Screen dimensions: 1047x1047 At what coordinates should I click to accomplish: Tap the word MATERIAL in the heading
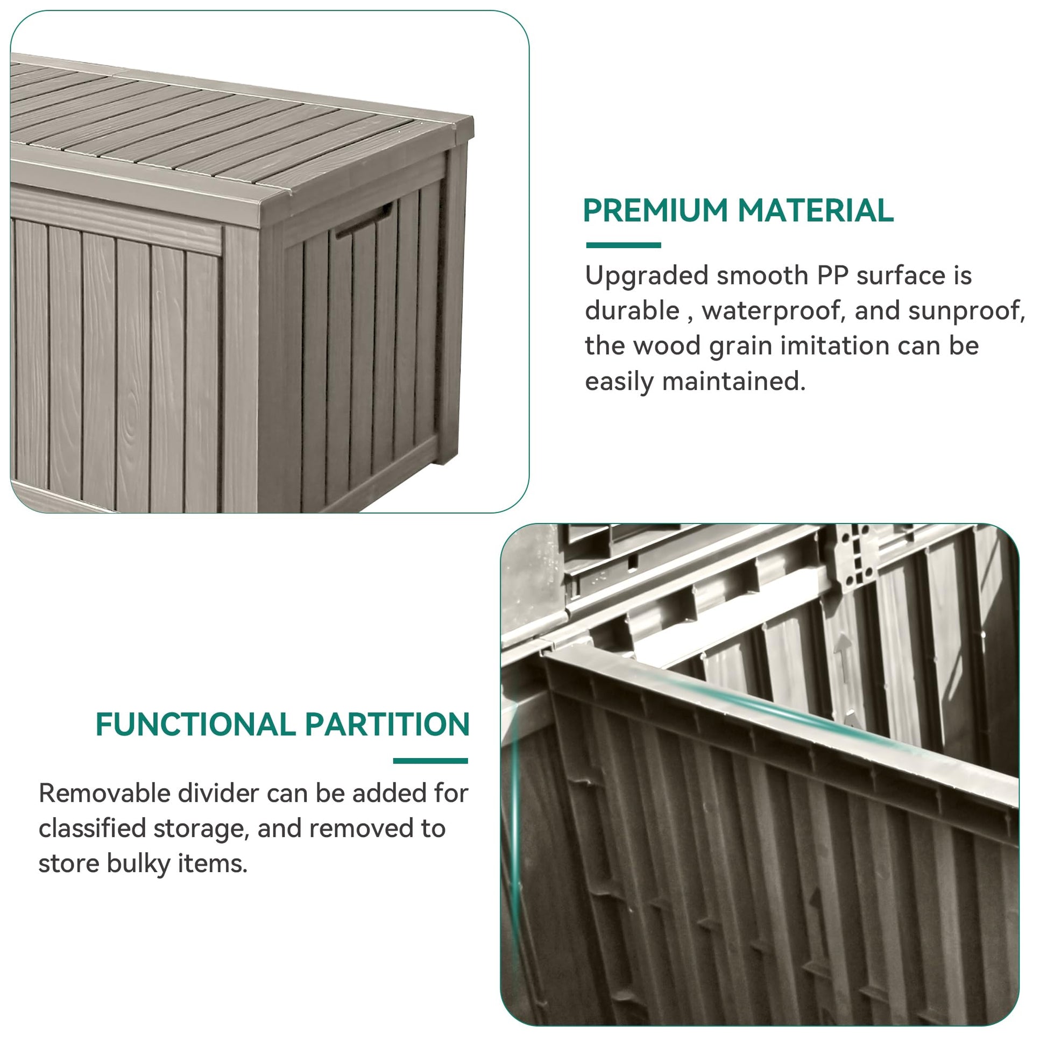tap(816, 210)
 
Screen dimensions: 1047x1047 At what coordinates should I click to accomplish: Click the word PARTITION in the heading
tap(387, 724)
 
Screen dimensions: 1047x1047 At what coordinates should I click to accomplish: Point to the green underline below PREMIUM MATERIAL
tap(624, 245)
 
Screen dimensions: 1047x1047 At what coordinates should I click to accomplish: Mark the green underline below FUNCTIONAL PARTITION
tap(431, 761)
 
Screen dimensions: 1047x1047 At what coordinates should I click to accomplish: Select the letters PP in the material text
tap(832, 275)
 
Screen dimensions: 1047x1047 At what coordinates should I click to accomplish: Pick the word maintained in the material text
tap(734, 381)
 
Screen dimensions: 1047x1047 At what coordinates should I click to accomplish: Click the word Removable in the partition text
tap(104, 794)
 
